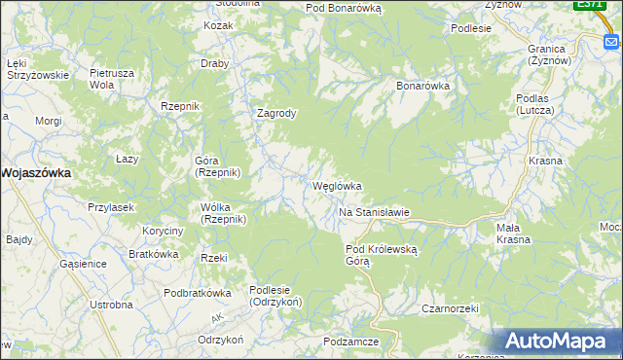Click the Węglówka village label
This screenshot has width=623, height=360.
(x=337, y=186)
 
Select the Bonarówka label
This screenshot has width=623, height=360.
(x=422, y=86)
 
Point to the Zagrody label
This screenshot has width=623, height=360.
(x=275, y=113)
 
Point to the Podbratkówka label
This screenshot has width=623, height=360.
(x=197, y=293)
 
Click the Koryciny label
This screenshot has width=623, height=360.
(x=163, y=231)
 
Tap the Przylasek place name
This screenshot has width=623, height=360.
(x=110, y=207)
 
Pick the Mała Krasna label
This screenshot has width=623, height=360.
(x=513, y=234)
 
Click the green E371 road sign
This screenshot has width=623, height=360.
(x=587, y=5)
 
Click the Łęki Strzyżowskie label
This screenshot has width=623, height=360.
(x=37, y=68)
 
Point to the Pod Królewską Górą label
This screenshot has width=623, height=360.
(x=382, y=255)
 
